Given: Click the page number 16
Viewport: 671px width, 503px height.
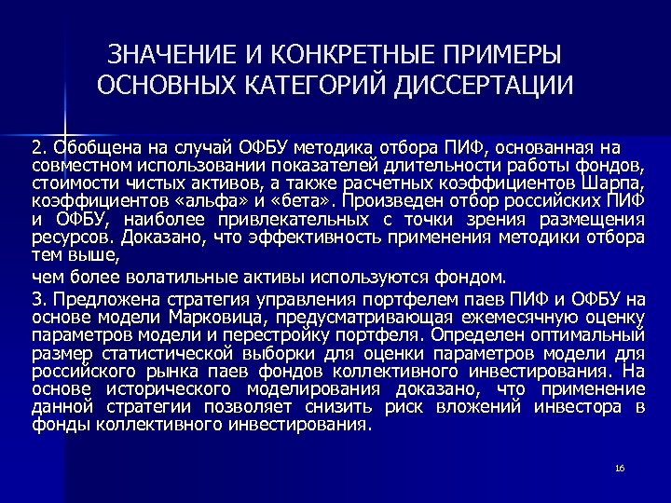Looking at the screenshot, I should (x=619, y=467).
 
